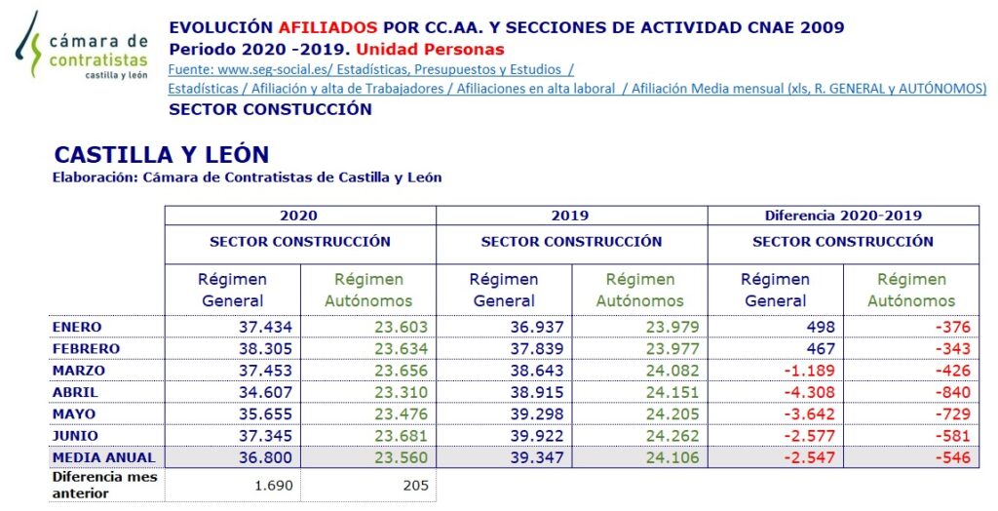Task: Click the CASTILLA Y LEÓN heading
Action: click(162, 155)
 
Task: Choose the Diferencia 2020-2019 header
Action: click(843, 216)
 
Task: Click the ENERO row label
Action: click(77, 327)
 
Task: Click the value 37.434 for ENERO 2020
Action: click(265, 327)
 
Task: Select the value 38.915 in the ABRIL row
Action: click(537, 392)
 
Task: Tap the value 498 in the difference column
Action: click(819, 327)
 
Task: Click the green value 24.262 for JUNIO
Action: click(672, 435)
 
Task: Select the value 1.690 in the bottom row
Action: click(274, 484)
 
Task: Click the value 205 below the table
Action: click(414, 484)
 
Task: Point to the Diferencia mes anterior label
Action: click(104, 485)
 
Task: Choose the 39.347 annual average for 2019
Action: click(537, 456)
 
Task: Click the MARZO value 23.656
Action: click(401, 371)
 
